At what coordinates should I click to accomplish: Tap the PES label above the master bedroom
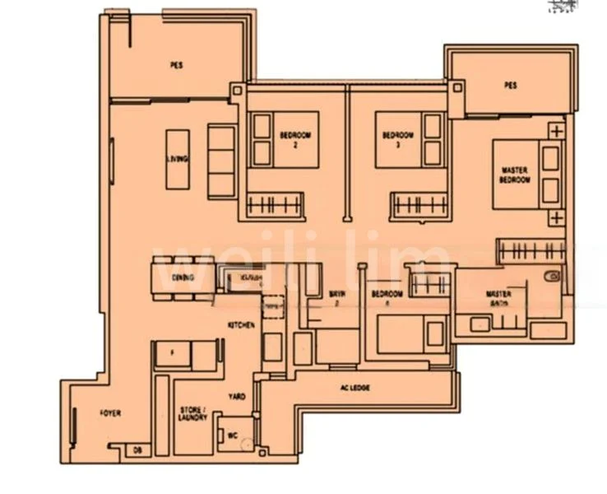(x=510, y=85)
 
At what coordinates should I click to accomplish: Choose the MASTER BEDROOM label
(x=515, y=175)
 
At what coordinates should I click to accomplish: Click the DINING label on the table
(x=183, y=277)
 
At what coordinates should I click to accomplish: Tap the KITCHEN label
(x=241, y=326)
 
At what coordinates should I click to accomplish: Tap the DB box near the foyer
(x=137, y=450)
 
